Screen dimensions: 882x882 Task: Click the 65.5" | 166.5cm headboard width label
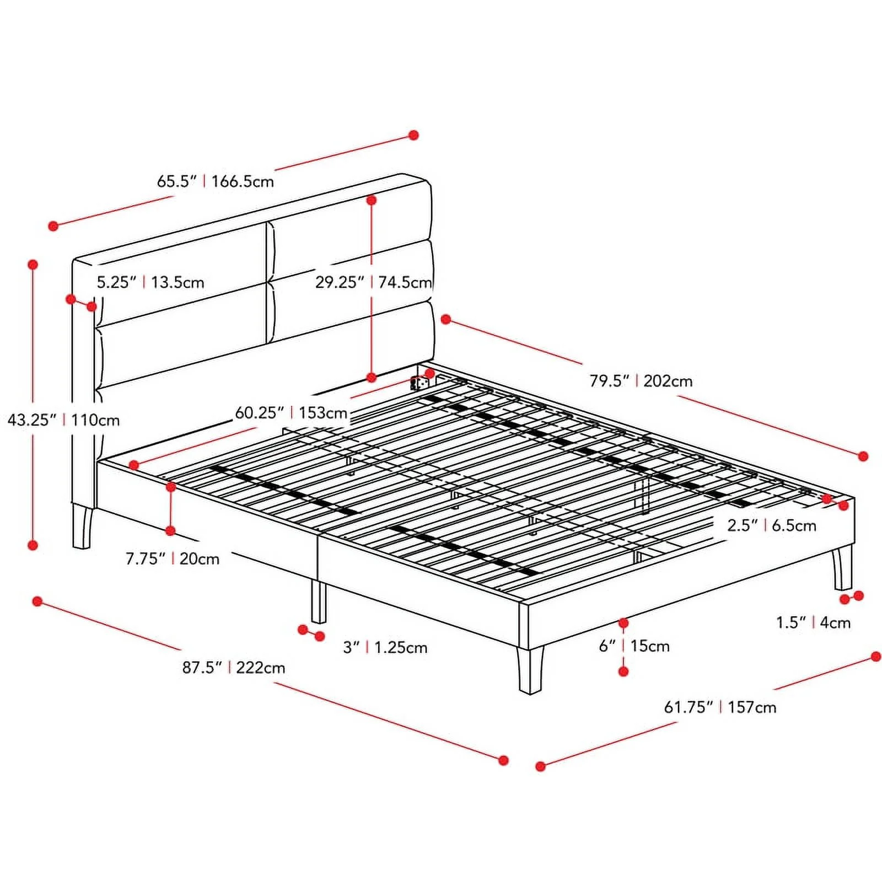coord(216,181)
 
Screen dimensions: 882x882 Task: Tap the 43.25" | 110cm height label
coord(63,420)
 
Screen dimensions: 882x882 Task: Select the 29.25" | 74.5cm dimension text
coord(374,282)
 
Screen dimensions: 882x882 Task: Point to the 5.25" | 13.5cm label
coord(150,282)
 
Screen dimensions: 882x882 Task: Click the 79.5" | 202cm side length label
coord(641,381)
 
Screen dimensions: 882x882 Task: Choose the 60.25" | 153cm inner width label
coord(292,413)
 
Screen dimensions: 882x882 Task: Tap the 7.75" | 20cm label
coord(173,559)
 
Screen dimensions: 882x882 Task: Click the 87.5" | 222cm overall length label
coord(234,668)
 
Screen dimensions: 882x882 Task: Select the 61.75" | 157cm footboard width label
coord(720,707)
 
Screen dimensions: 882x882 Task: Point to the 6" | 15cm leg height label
coord(634,646)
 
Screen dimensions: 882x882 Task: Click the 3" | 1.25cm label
coord(385,647)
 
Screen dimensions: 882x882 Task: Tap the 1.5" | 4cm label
coord(813,623)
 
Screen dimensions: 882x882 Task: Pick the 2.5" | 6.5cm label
coord(772,525)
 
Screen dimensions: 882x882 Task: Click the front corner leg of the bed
coord(530,670)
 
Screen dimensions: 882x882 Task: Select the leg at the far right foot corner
coord(842,567)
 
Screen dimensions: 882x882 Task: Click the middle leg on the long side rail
coord(319,601)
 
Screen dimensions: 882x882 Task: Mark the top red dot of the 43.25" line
coord(33,265)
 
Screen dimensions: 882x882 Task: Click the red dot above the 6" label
coord(623,623)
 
